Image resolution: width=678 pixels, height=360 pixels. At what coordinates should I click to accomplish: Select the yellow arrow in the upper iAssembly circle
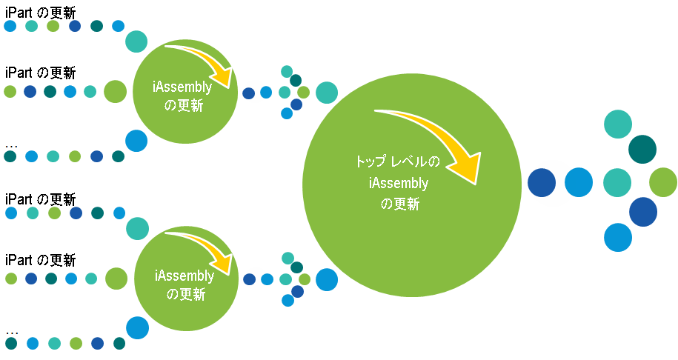207,60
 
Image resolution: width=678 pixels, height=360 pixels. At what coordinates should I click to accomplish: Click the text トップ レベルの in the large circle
398,161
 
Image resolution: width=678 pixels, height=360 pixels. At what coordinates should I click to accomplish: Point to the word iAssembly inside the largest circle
399,183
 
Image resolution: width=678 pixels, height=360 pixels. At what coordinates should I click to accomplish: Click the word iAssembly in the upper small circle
182,87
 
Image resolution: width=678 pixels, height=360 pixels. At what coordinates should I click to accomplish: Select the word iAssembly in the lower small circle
185,276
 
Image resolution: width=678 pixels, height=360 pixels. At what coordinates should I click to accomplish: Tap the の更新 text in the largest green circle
400,204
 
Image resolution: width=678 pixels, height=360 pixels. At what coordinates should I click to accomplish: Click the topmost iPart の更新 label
40,13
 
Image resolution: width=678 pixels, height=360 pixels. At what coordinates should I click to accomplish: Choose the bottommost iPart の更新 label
40,260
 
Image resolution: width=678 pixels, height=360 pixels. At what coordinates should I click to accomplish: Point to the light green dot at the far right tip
663,182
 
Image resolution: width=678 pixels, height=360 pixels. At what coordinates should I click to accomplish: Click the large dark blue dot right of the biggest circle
542,183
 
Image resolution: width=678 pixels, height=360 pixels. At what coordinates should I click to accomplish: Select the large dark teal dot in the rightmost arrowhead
642,150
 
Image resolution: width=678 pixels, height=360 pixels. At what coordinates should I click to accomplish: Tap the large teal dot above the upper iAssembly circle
136,41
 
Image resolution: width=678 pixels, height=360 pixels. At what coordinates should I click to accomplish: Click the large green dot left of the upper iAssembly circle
115,92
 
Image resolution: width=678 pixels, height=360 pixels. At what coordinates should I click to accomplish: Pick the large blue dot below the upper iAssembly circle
136,141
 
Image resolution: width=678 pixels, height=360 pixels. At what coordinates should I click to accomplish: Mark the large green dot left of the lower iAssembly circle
116,279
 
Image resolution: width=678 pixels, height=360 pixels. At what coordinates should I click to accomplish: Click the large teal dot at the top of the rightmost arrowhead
618,124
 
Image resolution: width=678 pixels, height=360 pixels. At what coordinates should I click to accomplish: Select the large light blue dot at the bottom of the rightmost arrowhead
618,237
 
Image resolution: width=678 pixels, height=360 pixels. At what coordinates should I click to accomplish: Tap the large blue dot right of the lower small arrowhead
327,279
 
